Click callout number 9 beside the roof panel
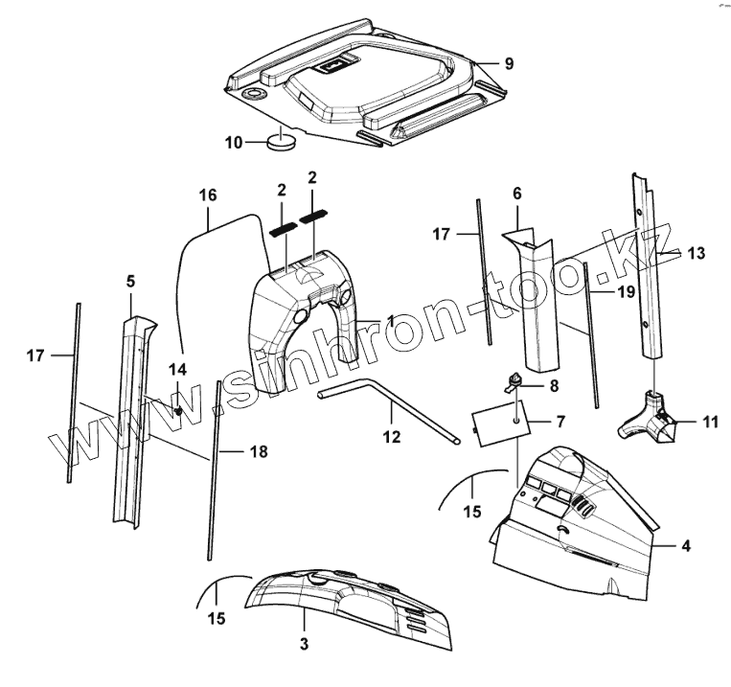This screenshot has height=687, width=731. click(508, 64)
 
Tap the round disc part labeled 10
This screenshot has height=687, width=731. click(281, 144)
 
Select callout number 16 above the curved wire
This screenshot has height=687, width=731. click(208, 195)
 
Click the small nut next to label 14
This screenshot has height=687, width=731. click(179, 411)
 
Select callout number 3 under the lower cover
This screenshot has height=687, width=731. click(304, 644)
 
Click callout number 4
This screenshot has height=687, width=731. click(685, 546)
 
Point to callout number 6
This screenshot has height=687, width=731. click(517, 193)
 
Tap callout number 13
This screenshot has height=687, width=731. click(696, 253)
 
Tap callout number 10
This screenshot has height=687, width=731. click(234, 144)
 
